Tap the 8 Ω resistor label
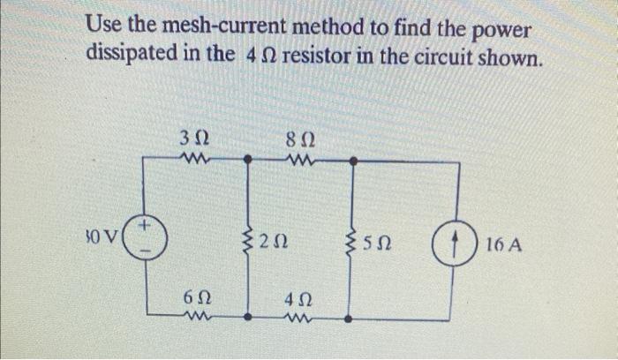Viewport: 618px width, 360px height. point(299,139)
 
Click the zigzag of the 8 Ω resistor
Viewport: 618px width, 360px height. point(300,160)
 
